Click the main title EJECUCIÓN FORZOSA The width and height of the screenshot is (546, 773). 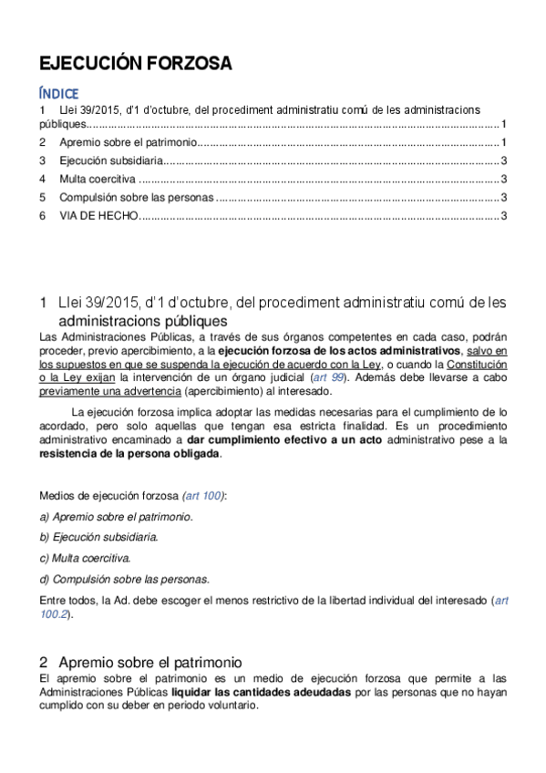[x=135, y=63]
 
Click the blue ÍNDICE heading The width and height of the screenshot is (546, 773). [x=59, y=93]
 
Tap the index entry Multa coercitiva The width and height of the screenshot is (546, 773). [x=98, y=179]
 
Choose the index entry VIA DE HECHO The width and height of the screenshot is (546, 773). [x=98, y=215]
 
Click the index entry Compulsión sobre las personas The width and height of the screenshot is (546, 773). [x=137, y=197]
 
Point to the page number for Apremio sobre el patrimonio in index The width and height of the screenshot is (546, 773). [x=504, y=142]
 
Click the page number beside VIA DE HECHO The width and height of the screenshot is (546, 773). [x=504, y=215]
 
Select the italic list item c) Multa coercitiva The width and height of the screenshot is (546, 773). [x=85, y=557]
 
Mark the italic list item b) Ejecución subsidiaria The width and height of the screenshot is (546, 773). [x=98, y=536]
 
